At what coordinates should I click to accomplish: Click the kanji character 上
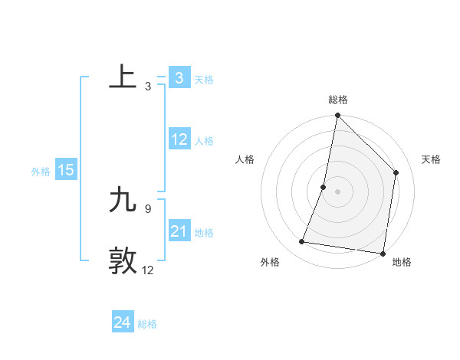(123, 77)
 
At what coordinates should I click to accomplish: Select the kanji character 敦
(123, 260)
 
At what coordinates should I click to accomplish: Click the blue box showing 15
(66, 170)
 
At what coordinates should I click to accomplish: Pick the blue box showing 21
(179, 231)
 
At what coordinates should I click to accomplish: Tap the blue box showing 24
(123, 322)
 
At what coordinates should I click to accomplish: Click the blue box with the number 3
(179, 77)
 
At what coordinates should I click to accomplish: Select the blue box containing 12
(179, 139)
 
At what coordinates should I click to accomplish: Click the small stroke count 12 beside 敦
(148, 270)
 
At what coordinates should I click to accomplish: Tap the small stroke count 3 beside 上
(147, 87)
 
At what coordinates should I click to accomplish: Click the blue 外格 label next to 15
(41, 172)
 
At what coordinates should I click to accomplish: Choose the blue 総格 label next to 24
(147, 324)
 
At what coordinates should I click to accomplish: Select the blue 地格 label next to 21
(204, 233)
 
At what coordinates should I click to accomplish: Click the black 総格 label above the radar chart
(338, 100)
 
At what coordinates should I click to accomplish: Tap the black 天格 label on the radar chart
(431, 159)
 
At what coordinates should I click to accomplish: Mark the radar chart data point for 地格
(383, 253)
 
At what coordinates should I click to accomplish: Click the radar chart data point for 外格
(302, 242)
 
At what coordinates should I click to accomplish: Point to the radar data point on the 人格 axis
(324, 187)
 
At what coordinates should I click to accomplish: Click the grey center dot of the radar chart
(338, 191)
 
